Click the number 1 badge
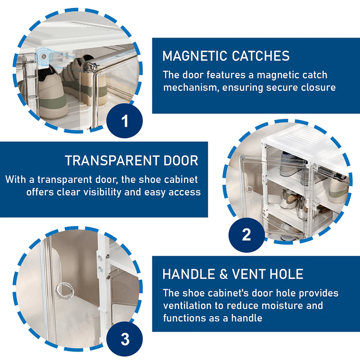(125, 121)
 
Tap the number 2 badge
(246, 235)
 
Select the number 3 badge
(125, 339)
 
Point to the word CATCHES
(260, 56)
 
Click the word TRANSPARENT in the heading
(112, 160)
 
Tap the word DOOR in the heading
(181, 160)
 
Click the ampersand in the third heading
(223, 274)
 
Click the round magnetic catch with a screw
(43, 56)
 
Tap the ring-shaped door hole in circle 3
(65, 290)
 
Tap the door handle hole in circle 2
(249, 189)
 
